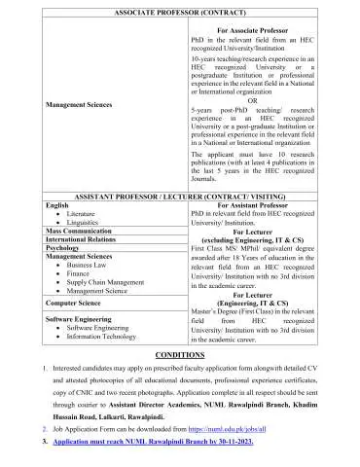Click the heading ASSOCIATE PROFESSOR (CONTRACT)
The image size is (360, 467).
[x=179, y=8]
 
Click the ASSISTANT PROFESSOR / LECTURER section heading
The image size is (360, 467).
[x=179, y=195]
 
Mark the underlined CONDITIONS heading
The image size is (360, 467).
[x=180, y=357]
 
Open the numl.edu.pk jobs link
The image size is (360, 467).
[x=236, y=427]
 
